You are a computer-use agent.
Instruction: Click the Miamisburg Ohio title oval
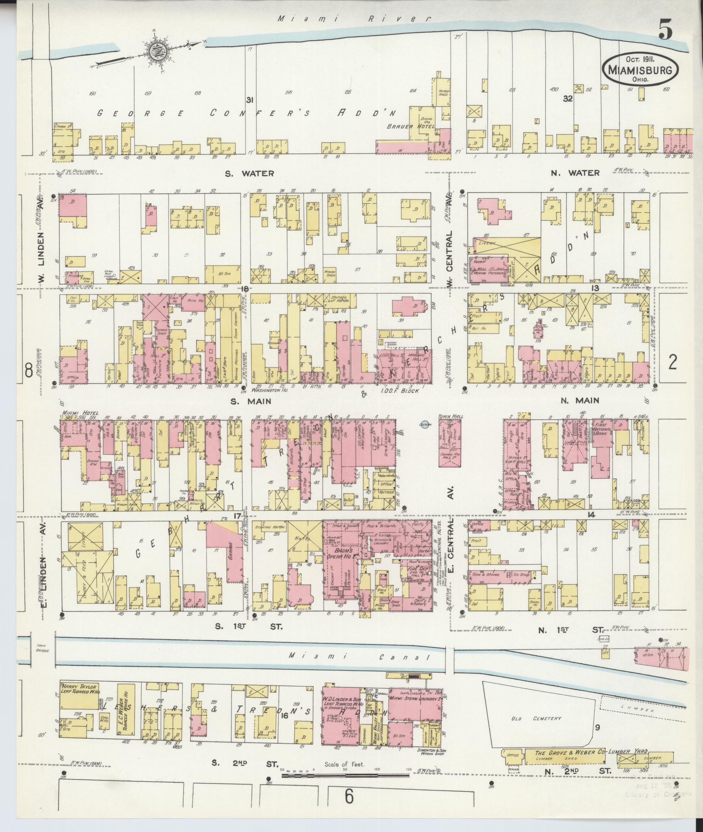click(x=641, y=69)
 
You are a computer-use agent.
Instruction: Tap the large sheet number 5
click(x=665, y=30)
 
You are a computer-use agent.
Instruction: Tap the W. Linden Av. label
click(x=42, y=256)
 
